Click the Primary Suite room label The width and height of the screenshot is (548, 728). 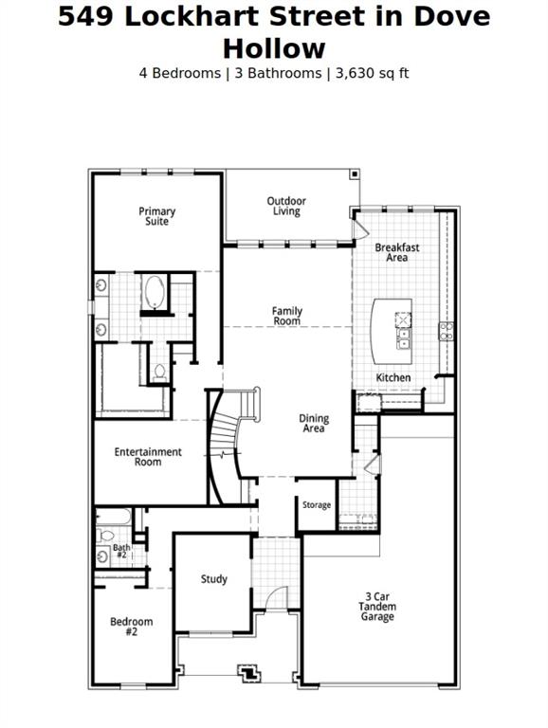pyautogui.click(x=157, y=216)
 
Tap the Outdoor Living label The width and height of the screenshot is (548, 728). pyautogui.click(x=286, y=206)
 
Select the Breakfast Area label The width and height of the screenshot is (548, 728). pyautogui.click(x=397, y=252)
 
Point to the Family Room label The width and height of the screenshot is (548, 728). pyautogui.click(x=286, y=316)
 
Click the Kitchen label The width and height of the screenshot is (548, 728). pyautogui.click(x=393, y=377)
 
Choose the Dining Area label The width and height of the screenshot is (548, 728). pyautogui.click(x=314, y=423)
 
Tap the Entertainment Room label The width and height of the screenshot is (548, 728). pyautogui.click(x=148, y=457)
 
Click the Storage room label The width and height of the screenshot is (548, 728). pyautogui.click(x=317, y=505)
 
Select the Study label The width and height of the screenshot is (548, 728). pyautogui.click(x=214, y=579)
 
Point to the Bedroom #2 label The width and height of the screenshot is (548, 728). pyautogui.click(x=131, y=627)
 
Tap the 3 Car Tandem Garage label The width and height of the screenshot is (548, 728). pyautogui.click(x=377, y=607)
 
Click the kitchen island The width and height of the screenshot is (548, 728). pyautogui.click(x=392, y=331)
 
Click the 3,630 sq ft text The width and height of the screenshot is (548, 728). pyautogui.click(x=368, y=73)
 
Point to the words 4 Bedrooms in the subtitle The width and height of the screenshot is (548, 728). pyautogui.click(x=178, y=73)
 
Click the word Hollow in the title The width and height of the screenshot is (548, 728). pyautogui.click(x=274, y=48)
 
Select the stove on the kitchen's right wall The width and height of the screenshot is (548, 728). pyautogui.click(x=446, y=331)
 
